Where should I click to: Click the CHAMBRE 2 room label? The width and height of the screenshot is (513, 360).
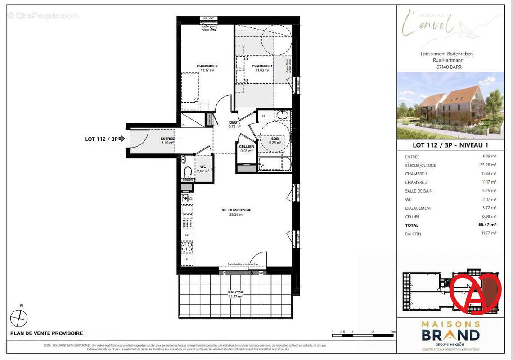point(207,67)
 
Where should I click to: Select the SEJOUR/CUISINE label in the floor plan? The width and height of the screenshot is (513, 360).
point(236,210)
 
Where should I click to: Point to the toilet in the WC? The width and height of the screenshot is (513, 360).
point(188,172)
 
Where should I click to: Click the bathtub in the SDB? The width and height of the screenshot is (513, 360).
point(274,163)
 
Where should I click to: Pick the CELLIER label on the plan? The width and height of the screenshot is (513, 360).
point(247,147)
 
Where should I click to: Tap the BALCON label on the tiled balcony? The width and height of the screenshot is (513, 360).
point(235,292)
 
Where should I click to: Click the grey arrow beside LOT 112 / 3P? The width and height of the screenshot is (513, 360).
point(121,139)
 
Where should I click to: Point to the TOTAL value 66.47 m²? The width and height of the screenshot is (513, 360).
point(486,225)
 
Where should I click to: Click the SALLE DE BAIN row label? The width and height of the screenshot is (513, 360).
point(418,191)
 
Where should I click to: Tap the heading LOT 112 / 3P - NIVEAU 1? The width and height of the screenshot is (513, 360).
point(450,145)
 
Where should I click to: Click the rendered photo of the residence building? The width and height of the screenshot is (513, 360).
point(450,106)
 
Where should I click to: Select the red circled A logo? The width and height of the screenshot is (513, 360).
point(475,291)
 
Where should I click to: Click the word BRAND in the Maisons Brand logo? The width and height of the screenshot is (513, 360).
point(450,335)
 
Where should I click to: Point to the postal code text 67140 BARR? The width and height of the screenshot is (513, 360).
point(449,67)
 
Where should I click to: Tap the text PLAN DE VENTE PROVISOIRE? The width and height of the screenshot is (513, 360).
point(47,333)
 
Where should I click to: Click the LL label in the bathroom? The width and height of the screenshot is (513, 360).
point(264,116)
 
